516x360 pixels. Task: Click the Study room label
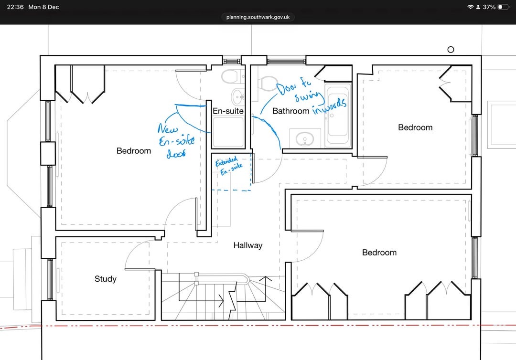point(105,279)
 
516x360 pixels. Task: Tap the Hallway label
point(248,245)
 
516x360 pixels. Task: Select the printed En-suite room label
point(228,111)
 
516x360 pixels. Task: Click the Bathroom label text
point(291,111)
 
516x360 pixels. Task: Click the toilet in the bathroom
point(267,83)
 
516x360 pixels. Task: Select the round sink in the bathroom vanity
point(305,139)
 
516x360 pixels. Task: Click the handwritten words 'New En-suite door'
point(176,140)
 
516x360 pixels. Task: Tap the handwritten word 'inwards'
point(329,106)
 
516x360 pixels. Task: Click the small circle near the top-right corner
point(451,50)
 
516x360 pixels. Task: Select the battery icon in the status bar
point(503,7)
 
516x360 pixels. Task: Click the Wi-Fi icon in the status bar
point(470,7)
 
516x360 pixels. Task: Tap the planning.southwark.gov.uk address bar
point(258,17)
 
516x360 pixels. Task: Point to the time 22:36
point(15,7)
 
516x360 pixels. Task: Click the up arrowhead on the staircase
point(265,279)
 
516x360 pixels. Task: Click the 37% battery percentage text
point(489,7)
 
